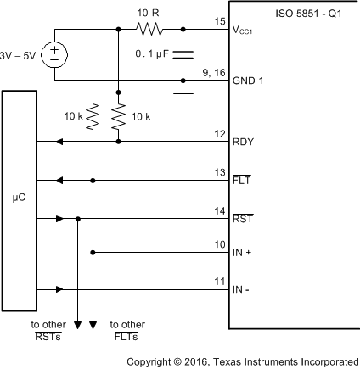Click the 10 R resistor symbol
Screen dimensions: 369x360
[150, 30]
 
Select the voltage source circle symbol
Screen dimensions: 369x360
[55, 55]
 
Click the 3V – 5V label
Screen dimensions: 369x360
[19, 55]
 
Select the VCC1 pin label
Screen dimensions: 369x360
[247, 31]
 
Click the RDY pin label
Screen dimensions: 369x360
[244, 142]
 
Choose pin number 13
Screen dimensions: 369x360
[220, 172]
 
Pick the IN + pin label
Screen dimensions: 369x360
[244, 253]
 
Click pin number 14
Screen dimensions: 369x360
[220, 210]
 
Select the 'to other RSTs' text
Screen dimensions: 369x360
[48, 330]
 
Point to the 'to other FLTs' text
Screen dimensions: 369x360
[127, 330]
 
